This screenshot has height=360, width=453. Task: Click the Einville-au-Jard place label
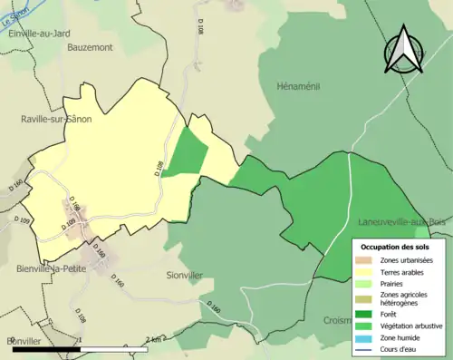38,34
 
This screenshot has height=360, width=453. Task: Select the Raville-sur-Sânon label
56,118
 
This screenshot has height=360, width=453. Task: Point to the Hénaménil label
298,86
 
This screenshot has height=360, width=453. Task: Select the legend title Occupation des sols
395,247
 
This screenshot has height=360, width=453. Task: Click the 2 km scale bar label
154,340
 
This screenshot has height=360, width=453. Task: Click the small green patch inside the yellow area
186,151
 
